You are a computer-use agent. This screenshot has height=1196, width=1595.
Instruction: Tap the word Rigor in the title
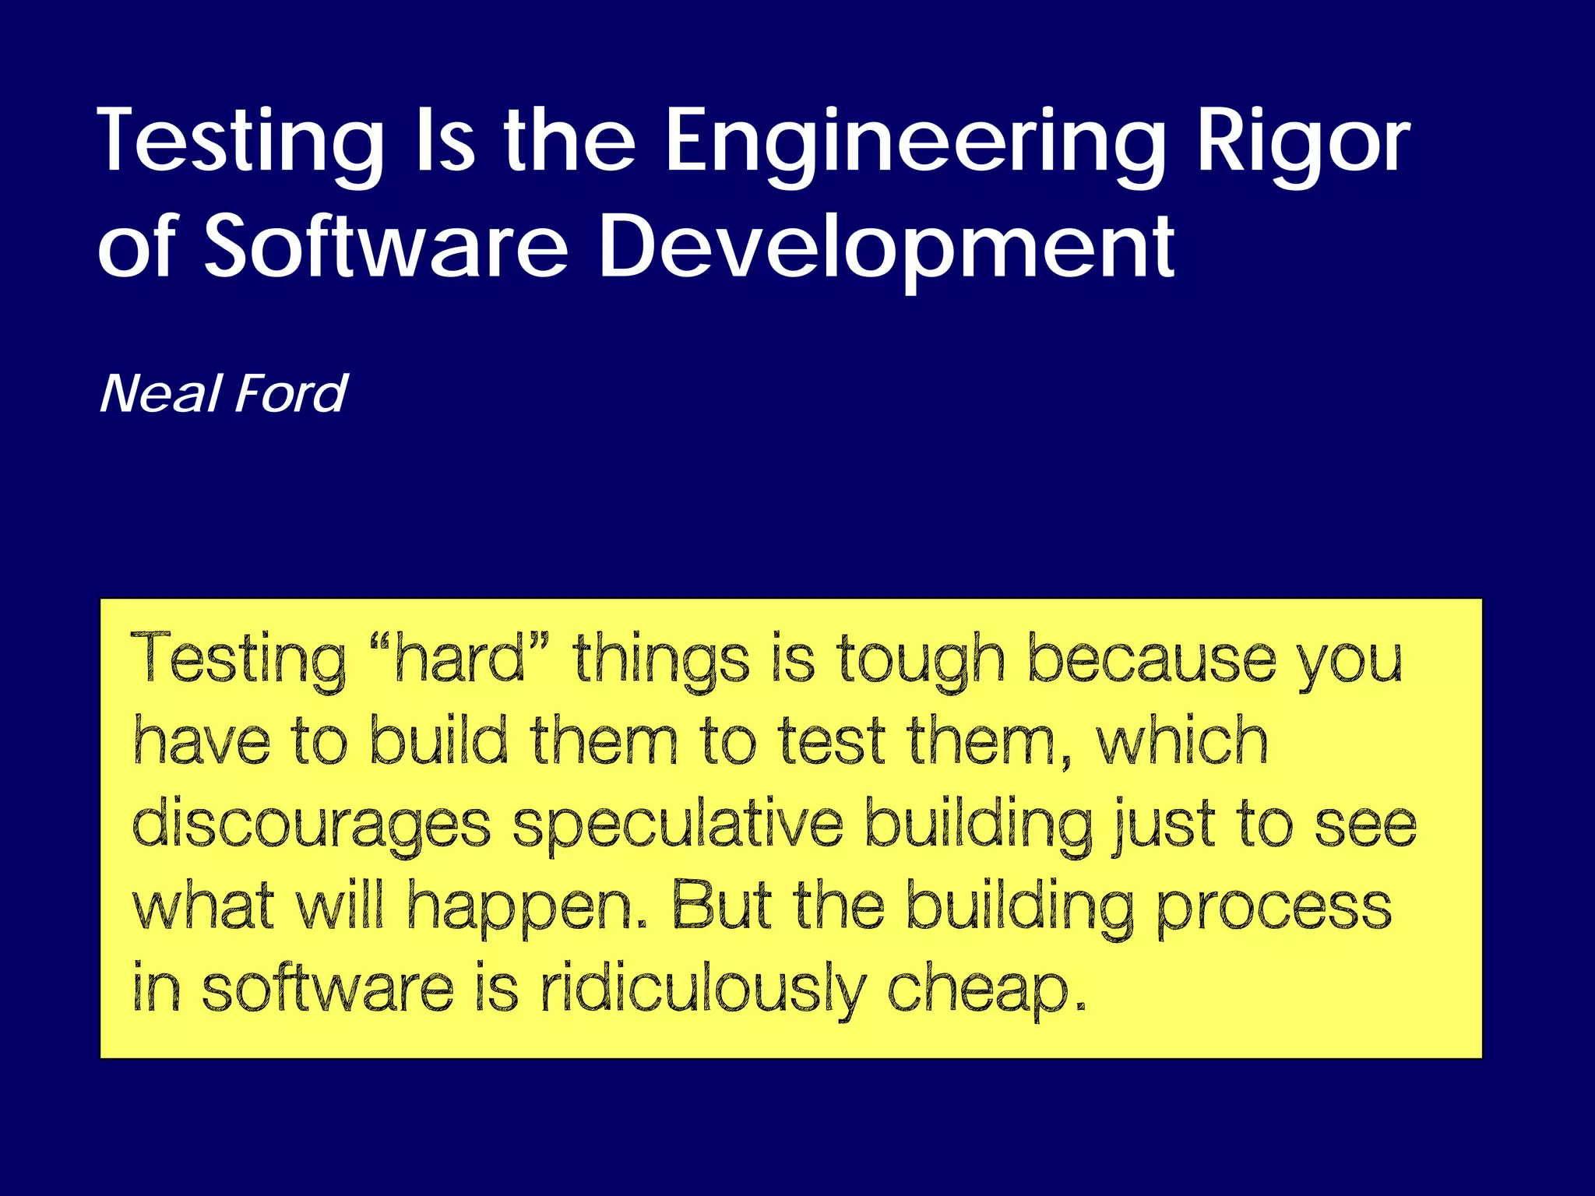[x=1303, y=142]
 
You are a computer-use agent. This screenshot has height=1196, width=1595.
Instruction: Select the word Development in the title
[x=886, y=248]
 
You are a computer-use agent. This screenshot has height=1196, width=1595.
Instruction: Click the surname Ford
[x=290, y=394]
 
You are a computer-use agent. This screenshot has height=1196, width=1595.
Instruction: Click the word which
[x=1181, y=741]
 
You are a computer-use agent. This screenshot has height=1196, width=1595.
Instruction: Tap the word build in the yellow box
[x=438, y=741]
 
